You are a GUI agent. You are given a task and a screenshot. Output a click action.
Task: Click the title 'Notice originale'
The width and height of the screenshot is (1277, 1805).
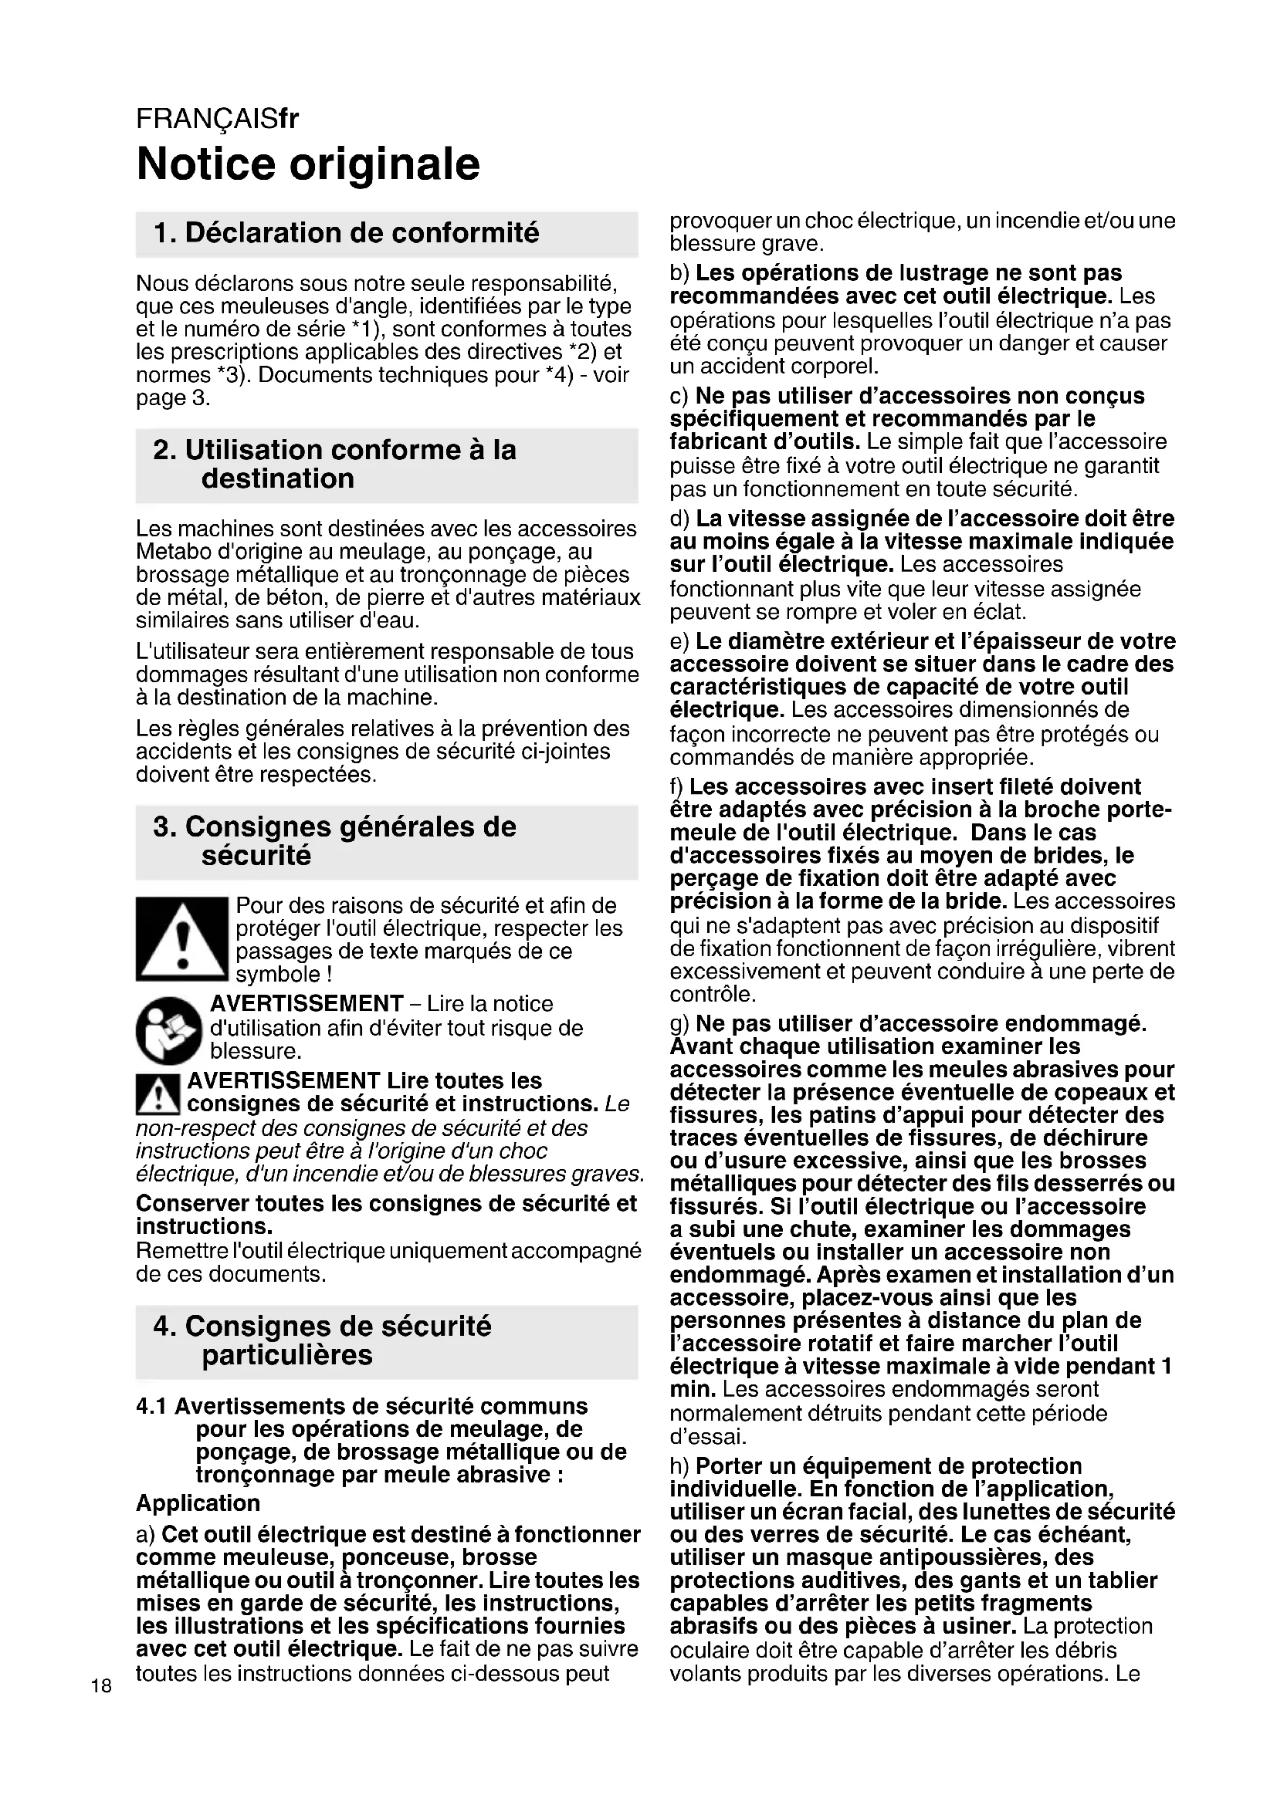tap(307, 164)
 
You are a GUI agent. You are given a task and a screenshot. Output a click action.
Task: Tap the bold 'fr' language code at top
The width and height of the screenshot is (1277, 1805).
tap(289, 119)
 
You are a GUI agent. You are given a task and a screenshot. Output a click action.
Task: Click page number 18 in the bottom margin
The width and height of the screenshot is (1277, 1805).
tap(101, 1685)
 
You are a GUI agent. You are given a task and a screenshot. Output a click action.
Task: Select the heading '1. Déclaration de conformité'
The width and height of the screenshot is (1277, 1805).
tap(347, 234)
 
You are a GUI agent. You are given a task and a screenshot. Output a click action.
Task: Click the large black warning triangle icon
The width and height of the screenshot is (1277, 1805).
tap(181, 938)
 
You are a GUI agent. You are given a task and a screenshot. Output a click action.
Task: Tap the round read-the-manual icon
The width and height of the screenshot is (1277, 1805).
tap(169, 1031)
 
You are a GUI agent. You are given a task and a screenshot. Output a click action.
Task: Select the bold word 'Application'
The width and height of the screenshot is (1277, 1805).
tap(198, 1503)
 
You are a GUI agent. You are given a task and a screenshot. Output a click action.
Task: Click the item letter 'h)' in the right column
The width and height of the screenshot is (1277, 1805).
tap(679, 1466)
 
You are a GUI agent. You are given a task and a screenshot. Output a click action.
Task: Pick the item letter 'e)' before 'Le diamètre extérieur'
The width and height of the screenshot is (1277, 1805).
tap(679, 641)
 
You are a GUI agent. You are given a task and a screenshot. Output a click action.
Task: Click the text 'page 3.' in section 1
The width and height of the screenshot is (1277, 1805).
tap(173, 398)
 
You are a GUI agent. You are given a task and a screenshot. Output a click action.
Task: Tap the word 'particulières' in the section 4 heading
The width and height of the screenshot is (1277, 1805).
tap(287, 1355)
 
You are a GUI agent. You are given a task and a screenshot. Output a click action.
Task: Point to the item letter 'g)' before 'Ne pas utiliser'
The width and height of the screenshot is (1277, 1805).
tap(679, 1024)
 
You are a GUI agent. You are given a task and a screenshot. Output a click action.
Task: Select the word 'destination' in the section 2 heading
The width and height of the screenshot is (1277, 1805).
tap(278, 478)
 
